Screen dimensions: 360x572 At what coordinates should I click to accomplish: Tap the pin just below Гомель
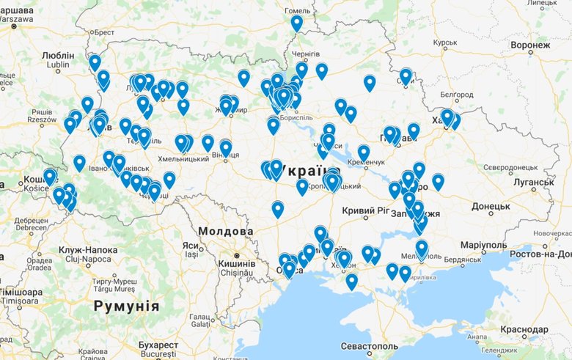coord(297,23)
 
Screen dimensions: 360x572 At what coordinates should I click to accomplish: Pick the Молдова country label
coord(221,230)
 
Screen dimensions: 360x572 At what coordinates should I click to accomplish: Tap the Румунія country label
coord(126,305)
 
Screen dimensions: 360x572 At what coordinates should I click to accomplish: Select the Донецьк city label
coord(491,207)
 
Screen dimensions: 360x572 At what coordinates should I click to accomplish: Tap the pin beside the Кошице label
coord(50,177)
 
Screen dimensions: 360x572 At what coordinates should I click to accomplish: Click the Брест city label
coord(103,33)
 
